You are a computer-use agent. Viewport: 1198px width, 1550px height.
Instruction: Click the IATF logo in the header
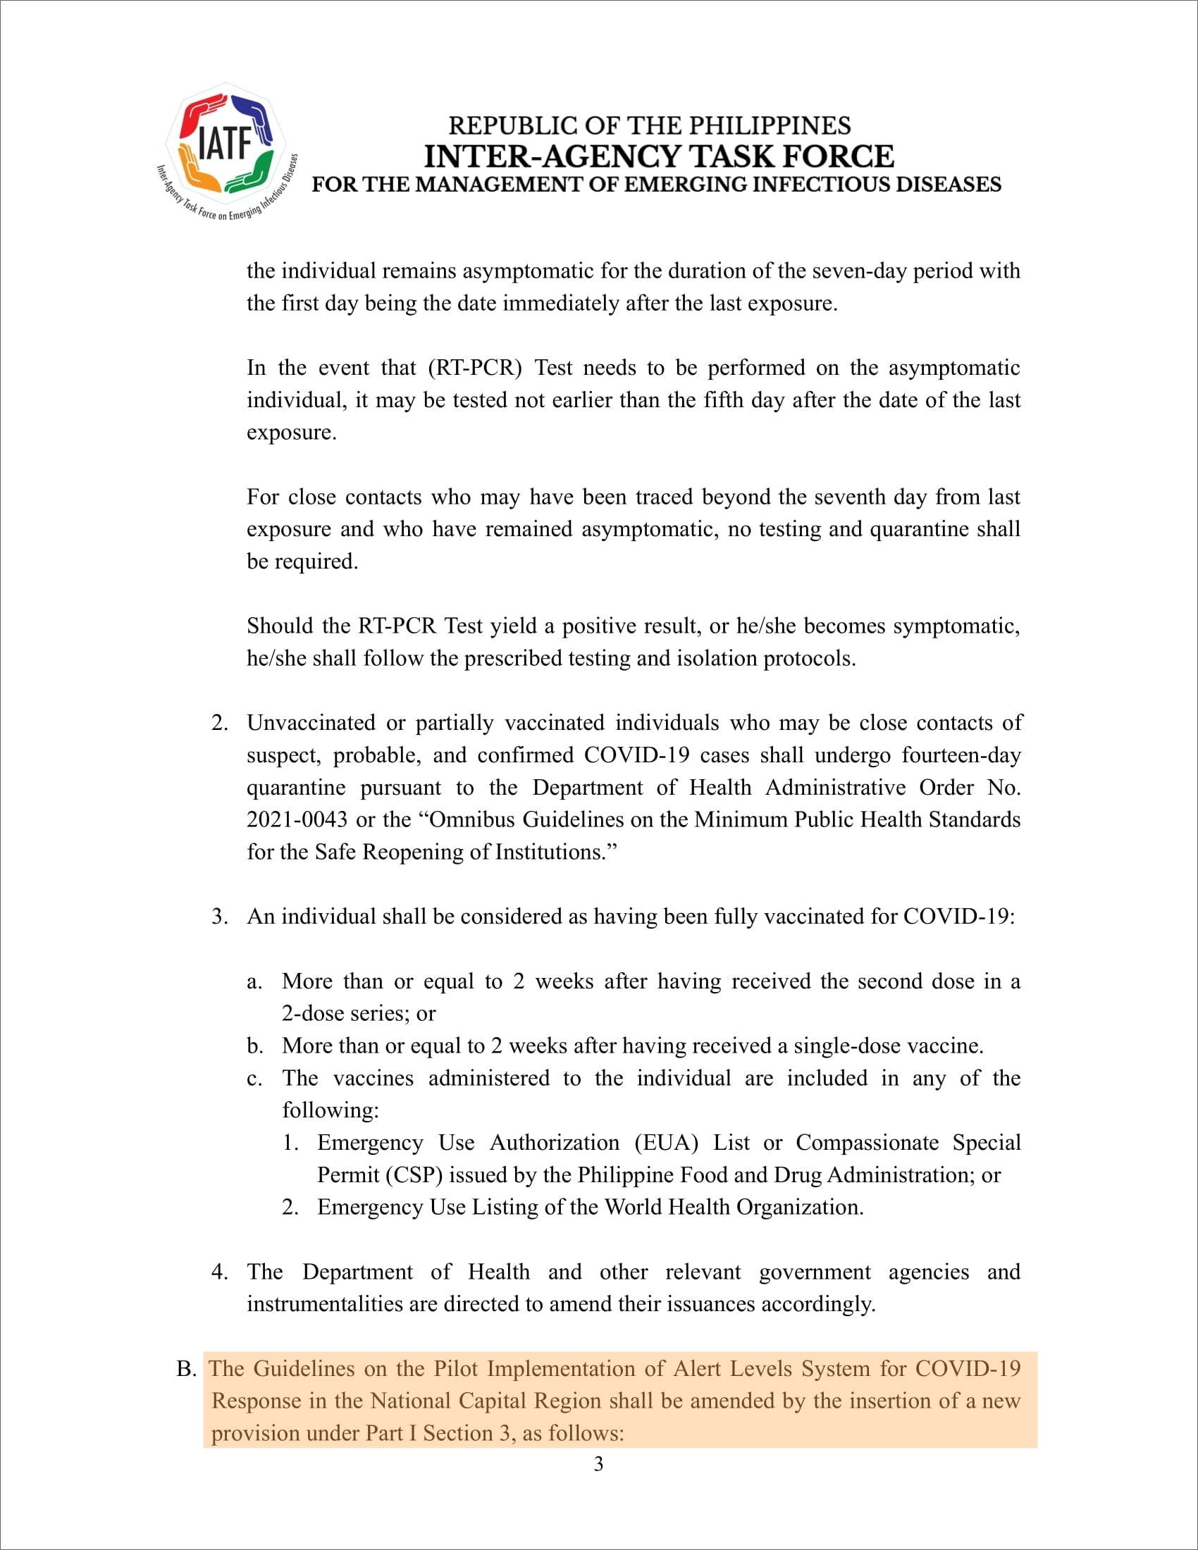point(226,151)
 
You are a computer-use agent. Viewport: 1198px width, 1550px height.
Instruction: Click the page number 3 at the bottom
point(598,1464)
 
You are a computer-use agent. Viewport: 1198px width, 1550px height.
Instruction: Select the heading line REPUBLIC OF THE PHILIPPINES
point(650,125)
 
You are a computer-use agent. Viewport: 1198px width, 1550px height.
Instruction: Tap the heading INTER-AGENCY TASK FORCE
point(659,156)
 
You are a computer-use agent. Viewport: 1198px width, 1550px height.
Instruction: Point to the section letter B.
point(185,1369)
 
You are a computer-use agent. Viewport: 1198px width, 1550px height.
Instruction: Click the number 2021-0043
point(297,819)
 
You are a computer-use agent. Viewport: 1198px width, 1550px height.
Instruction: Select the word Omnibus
point(472,819)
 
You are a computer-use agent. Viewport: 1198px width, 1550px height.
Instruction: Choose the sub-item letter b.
point(255,1046)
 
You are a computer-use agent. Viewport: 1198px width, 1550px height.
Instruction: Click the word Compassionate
point(867,1143)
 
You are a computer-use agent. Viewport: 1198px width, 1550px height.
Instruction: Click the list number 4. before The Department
point(218,1272)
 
